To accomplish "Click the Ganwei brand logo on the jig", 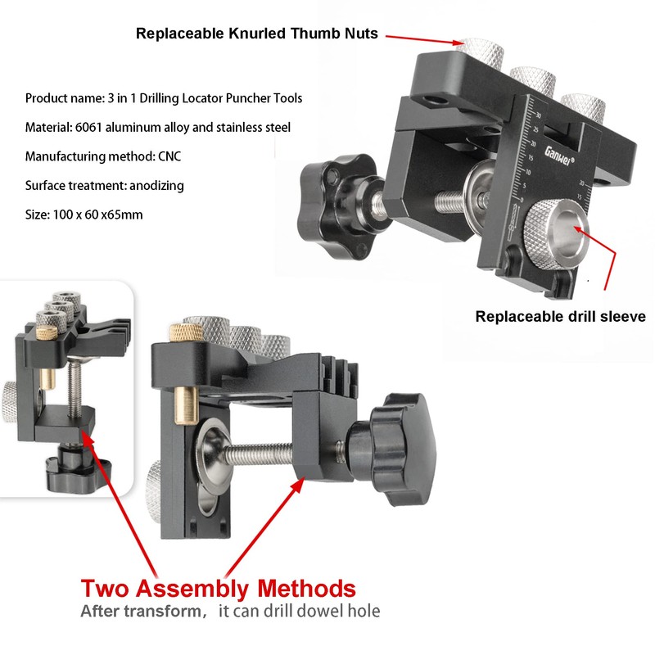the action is tap(559, 156).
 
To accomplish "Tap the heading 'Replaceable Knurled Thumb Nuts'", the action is tap(257, 34).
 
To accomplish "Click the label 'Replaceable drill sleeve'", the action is tap(561, 316).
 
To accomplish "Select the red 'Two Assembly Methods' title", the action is tap(218, 588).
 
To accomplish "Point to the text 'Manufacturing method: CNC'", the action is tap(103, 156).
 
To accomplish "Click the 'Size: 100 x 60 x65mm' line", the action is tap(84, 215).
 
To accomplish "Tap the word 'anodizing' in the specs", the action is tap(156, 186).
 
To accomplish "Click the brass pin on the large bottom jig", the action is tap(186, 405).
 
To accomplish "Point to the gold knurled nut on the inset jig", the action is tap(47, 333).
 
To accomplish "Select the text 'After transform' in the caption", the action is tap(141, 611).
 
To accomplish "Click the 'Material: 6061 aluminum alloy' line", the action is tap(157, 127).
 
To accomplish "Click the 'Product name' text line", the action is tap(163, 98).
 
